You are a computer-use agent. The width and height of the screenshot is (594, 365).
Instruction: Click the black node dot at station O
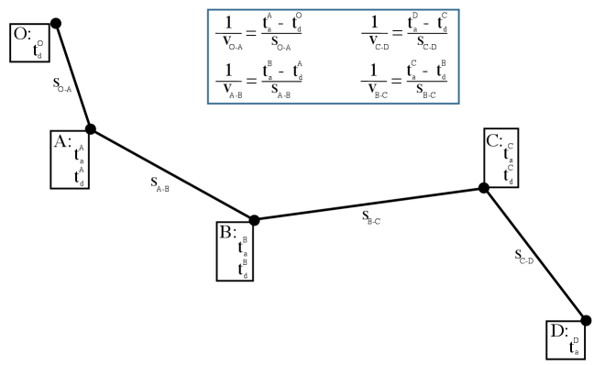coord(56,22)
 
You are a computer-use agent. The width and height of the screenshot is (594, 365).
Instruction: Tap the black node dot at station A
coord(90,129)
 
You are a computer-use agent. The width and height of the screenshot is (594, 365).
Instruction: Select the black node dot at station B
coord(255,220)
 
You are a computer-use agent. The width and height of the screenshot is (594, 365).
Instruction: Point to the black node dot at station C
coord(484,188)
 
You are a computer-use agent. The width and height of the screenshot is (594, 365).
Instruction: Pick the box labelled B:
coord(236,250)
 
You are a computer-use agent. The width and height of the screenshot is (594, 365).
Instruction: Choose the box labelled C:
coord(501,157)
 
